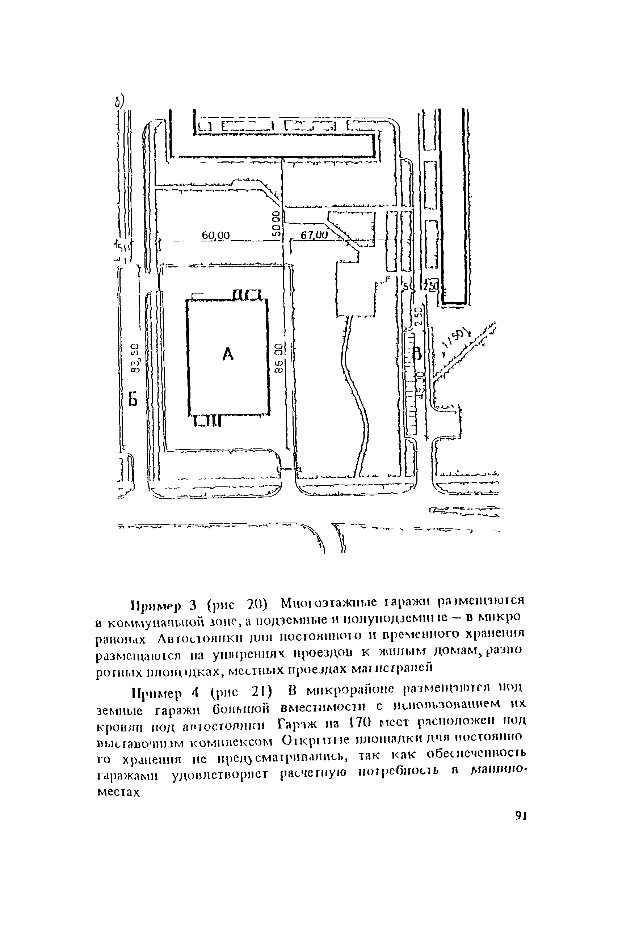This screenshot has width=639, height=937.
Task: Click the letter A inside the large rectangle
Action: [228, 354]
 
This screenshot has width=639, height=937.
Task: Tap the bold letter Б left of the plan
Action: [133, 400]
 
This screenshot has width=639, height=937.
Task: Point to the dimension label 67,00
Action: [315, 235]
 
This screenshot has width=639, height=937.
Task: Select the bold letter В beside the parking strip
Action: [417, 354]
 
